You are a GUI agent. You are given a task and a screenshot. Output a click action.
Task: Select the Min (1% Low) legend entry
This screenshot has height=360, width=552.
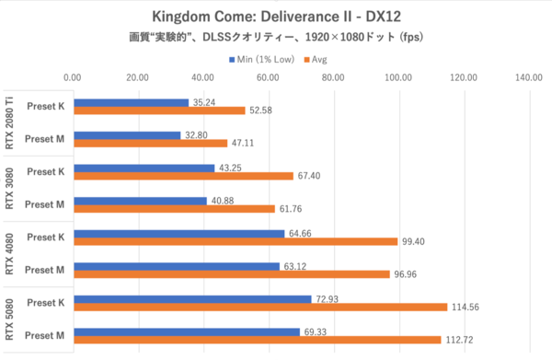[264, 60]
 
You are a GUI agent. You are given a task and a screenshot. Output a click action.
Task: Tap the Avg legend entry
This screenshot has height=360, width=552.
[318, 60]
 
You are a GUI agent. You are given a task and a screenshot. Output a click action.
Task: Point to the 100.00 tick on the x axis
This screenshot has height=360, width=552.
[398, 78]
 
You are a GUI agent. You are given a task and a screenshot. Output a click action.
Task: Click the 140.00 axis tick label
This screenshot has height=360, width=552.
[529, 78]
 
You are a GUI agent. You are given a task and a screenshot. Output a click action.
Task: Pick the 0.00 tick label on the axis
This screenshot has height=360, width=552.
[73, 78]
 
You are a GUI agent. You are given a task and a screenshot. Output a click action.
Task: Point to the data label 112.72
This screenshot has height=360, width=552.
[462, 340]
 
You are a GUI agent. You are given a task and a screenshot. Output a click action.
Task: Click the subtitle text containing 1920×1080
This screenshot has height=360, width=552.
[275, 39]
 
